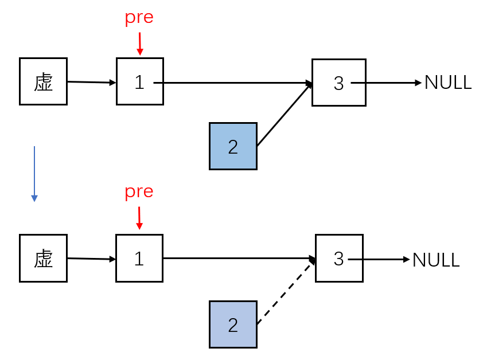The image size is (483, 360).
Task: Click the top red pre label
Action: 139,18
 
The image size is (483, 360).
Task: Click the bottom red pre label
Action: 139,191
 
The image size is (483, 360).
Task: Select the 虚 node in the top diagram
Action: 43,81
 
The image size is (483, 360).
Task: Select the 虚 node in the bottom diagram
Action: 43,258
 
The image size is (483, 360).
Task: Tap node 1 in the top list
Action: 139,81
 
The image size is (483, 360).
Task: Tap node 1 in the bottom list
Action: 139,258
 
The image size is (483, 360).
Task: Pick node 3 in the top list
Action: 338,83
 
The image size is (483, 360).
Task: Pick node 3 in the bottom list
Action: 338,258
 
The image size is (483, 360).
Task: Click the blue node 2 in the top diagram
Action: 233,146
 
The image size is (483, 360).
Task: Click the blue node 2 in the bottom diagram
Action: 233,324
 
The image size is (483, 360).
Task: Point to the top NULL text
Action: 447,83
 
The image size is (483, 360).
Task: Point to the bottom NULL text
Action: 436,260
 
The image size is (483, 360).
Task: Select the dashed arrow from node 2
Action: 285,293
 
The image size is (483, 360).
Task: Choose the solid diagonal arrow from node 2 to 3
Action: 285,115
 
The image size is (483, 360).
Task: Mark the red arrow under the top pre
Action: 139,44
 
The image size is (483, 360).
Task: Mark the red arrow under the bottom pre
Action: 139,218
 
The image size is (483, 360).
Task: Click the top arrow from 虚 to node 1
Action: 92,82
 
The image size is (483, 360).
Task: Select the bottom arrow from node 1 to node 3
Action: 238,258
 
